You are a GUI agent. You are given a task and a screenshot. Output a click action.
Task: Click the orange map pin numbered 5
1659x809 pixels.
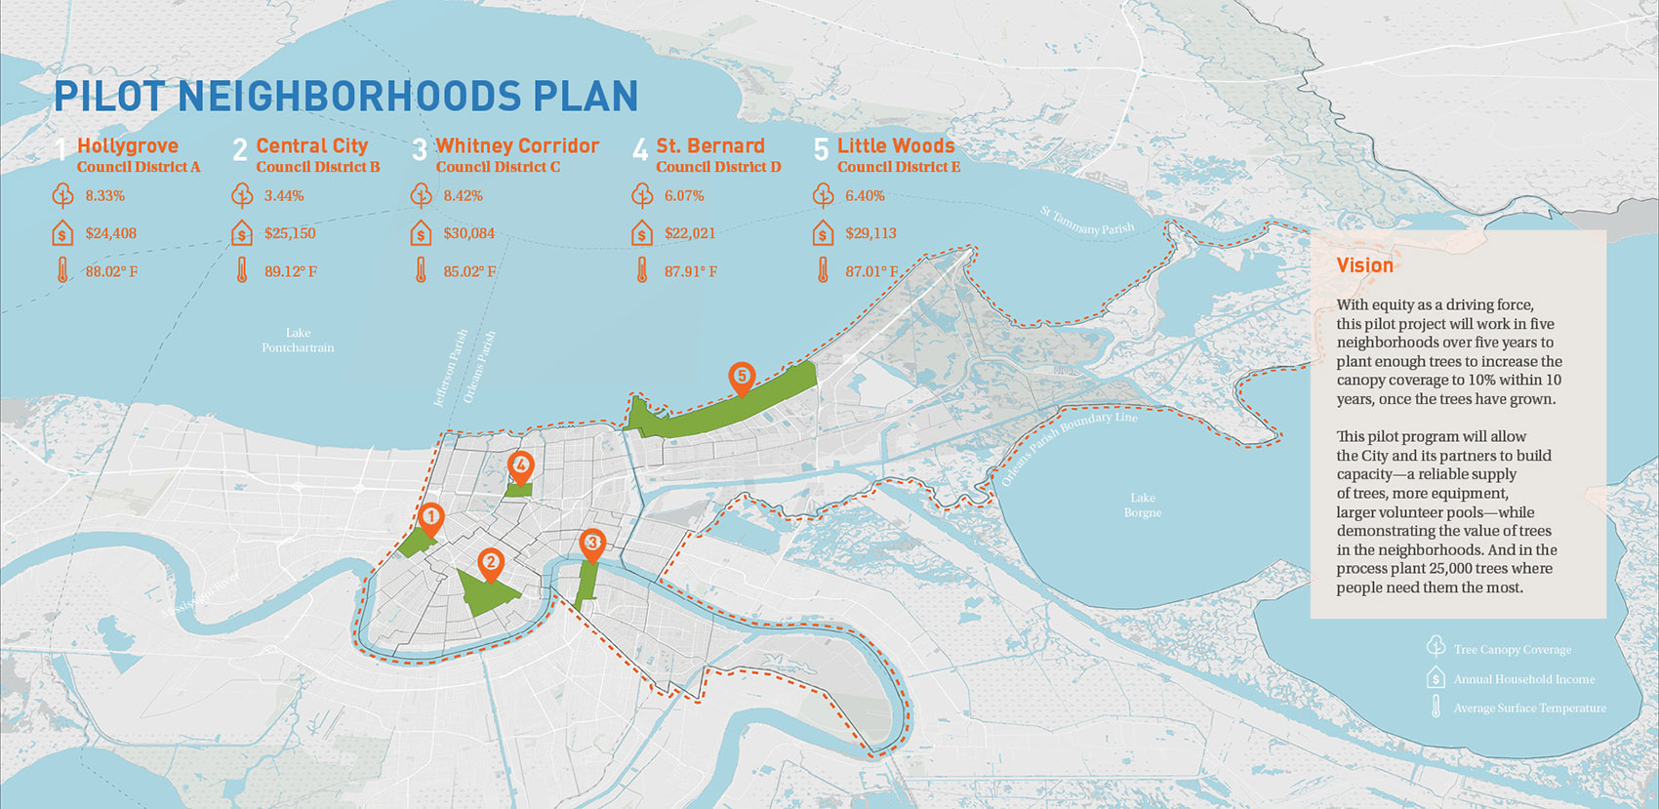pyautogui.click(x=742, y=377)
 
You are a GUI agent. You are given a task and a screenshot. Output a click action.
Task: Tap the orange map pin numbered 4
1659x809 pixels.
pyautogui.click(x=521, y=466)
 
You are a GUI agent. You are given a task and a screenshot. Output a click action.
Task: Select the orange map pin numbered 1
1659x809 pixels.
pyautogui.click(x=430, y=517)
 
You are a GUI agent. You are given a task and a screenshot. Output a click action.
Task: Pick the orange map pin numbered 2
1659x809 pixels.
pyautogui.click(x=490, y=562)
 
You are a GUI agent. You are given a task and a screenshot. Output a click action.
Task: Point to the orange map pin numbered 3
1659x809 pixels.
pyautogui.click(x=591, y=544)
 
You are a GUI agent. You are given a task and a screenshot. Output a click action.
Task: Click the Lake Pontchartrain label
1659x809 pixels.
pyautogui.click(x=298, y=340)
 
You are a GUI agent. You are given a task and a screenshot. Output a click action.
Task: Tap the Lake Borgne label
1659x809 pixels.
pyautogui.click(x=1142, y=505)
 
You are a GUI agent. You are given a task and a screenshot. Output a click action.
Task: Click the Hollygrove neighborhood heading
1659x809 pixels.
pyautogui.click(x=127, y=145)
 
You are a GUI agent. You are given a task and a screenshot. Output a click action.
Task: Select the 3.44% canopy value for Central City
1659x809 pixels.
pyautogui.click(x=284, y=196)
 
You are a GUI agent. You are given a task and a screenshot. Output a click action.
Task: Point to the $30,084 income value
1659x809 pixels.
pyautogui.click(x=468, y=233)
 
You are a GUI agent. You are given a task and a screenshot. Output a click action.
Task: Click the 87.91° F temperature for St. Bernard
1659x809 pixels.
pyautogui.click(x=690, y=271)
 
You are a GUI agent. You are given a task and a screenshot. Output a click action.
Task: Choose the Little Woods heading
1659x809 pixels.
pyautogui.click(x=895, y=145)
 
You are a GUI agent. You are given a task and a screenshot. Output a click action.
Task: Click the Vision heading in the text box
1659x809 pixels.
pyautogui.click(x=1364, y=265)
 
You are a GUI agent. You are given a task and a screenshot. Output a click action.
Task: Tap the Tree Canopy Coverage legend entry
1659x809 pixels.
pyautogui.click(x=1512, y=649)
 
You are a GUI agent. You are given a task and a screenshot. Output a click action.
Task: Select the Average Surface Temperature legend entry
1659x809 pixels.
pyautogui.click(x=1529, y=708)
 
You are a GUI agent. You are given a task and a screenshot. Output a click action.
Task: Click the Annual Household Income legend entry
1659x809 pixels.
pyautogui.click(x=1523, y=679)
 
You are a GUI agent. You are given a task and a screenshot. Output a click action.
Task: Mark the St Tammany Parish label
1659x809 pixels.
pyautogui.click(x=1087, y=222)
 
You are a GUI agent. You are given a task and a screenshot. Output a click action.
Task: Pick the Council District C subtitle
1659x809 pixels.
pyautogui.click(x=498, y=167)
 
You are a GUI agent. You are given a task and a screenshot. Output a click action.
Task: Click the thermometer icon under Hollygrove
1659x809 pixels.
pyautogui.click(x=62, y=270)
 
